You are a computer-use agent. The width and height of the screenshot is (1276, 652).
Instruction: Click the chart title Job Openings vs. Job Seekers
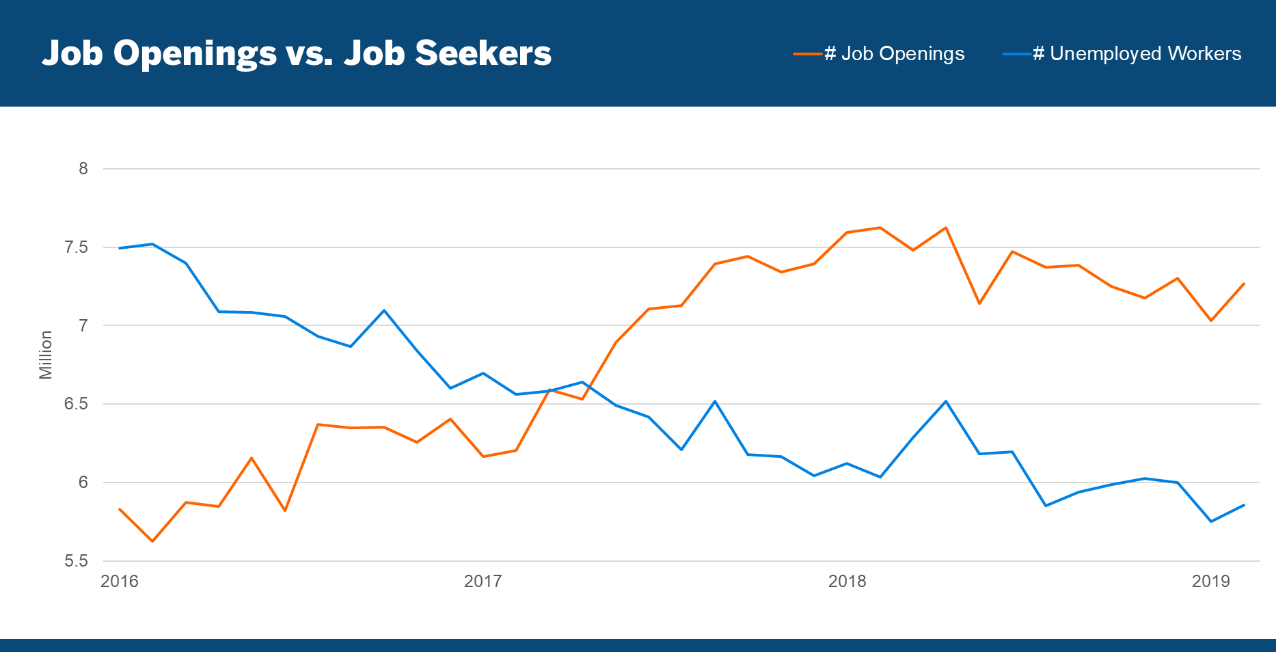point(297,53)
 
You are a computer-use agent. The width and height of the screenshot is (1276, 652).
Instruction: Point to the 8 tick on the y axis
point(83,168)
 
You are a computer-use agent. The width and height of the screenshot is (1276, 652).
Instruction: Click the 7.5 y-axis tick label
point(77,247)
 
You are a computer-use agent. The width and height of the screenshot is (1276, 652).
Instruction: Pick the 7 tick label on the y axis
point(83,325)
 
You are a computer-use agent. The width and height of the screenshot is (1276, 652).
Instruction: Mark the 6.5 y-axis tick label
point(77,404)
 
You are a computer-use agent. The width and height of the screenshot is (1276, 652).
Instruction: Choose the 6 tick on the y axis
point(83,483)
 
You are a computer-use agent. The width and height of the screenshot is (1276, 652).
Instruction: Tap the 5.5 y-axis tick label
point(77,561)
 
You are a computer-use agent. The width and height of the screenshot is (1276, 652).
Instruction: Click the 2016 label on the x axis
point(120,582)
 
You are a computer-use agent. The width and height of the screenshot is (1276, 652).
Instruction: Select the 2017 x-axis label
point(483,582)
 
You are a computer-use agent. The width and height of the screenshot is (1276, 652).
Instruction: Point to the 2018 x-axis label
point(847,582)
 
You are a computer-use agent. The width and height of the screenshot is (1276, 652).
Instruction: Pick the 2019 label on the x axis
point(1211,582)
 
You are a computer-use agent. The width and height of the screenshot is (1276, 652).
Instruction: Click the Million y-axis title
point(46,355)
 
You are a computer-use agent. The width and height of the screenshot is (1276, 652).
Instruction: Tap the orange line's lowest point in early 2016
point(152,541)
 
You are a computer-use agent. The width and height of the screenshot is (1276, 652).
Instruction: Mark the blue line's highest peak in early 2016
point(152,244)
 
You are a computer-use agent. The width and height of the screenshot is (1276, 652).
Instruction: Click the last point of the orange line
point(1244,284)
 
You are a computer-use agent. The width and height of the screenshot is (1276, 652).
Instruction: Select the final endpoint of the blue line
point(1244,505)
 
